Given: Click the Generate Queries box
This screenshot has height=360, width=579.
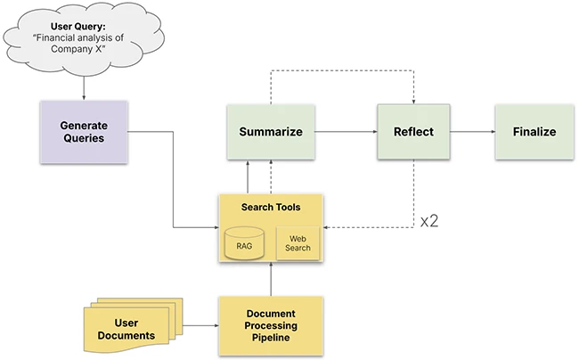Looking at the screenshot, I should (x=84, y=132).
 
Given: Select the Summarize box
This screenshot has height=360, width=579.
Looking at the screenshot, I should (x=271, y=132).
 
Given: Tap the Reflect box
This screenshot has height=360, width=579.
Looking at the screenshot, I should (x=413, y=132).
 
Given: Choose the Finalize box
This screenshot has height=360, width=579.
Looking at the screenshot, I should (x=534, y=132).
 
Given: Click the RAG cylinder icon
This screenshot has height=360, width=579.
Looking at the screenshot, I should (x=246, y=243).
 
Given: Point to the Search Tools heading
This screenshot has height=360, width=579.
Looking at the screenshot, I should (x=271, y=208).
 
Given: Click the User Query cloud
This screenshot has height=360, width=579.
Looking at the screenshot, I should (x=83, y=37).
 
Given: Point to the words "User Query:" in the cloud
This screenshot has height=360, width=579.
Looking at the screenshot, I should (x=83, y=25).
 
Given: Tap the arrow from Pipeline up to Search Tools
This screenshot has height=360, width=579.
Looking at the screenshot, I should (x=271, y=280).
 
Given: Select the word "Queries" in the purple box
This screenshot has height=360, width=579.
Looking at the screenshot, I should (x=84, y=140).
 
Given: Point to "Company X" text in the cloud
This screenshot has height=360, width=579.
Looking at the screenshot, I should (x=83, y=50).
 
